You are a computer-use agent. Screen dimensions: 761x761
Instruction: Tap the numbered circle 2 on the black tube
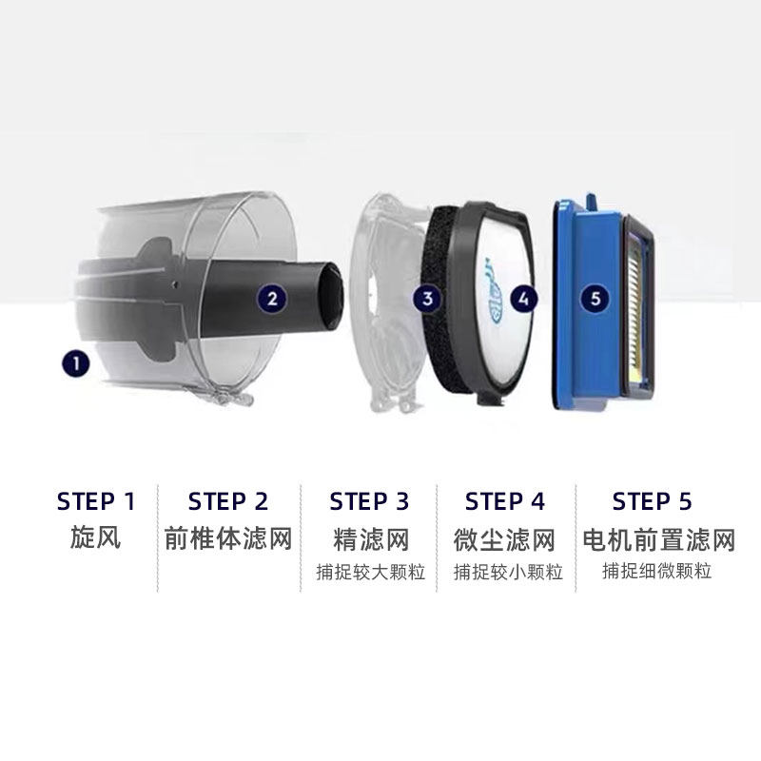click(x=272, y=299)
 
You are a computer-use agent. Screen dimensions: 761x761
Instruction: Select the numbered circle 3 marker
click(x=428, y=299)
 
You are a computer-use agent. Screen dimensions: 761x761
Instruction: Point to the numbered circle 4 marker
click(x=523, y=299)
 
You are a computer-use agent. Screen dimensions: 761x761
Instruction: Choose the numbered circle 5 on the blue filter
click(x=596, y=299)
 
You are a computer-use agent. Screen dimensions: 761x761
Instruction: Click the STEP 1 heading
click(x=96, y=501)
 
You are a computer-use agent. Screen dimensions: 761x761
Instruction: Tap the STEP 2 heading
click(x=228, y=501)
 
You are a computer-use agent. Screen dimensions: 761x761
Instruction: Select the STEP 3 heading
click(x=370, y=501)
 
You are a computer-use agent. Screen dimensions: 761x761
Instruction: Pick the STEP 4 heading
click(x=505, y=501)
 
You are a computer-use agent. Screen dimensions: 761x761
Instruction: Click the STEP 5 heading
click(x=653, y=501)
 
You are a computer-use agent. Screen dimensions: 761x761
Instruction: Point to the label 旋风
click(x=96, y=538)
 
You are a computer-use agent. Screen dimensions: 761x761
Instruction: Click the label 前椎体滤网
click(x=228, y=538)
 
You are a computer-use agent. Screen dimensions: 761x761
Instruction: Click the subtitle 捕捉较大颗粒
click(x=371, y=573)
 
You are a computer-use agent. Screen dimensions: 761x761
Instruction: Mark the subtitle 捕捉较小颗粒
click(x=508, y=573)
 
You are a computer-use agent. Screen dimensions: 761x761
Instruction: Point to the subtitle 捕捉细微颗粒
click(x=657, y=572)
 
